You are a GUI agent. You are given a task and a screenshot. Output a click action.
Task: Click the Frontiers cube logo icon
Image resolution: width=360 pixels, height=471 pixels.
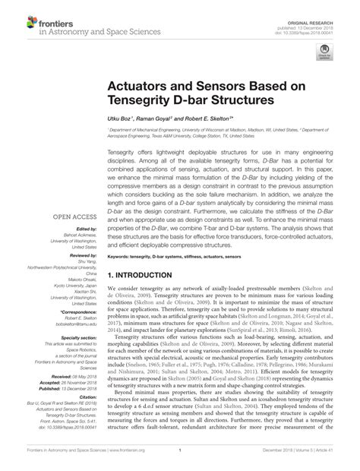click(17, 17)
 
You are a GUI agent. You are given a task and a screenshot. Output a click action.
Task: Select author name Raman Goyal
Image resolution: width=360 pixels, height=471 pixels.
click(156, 119)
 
